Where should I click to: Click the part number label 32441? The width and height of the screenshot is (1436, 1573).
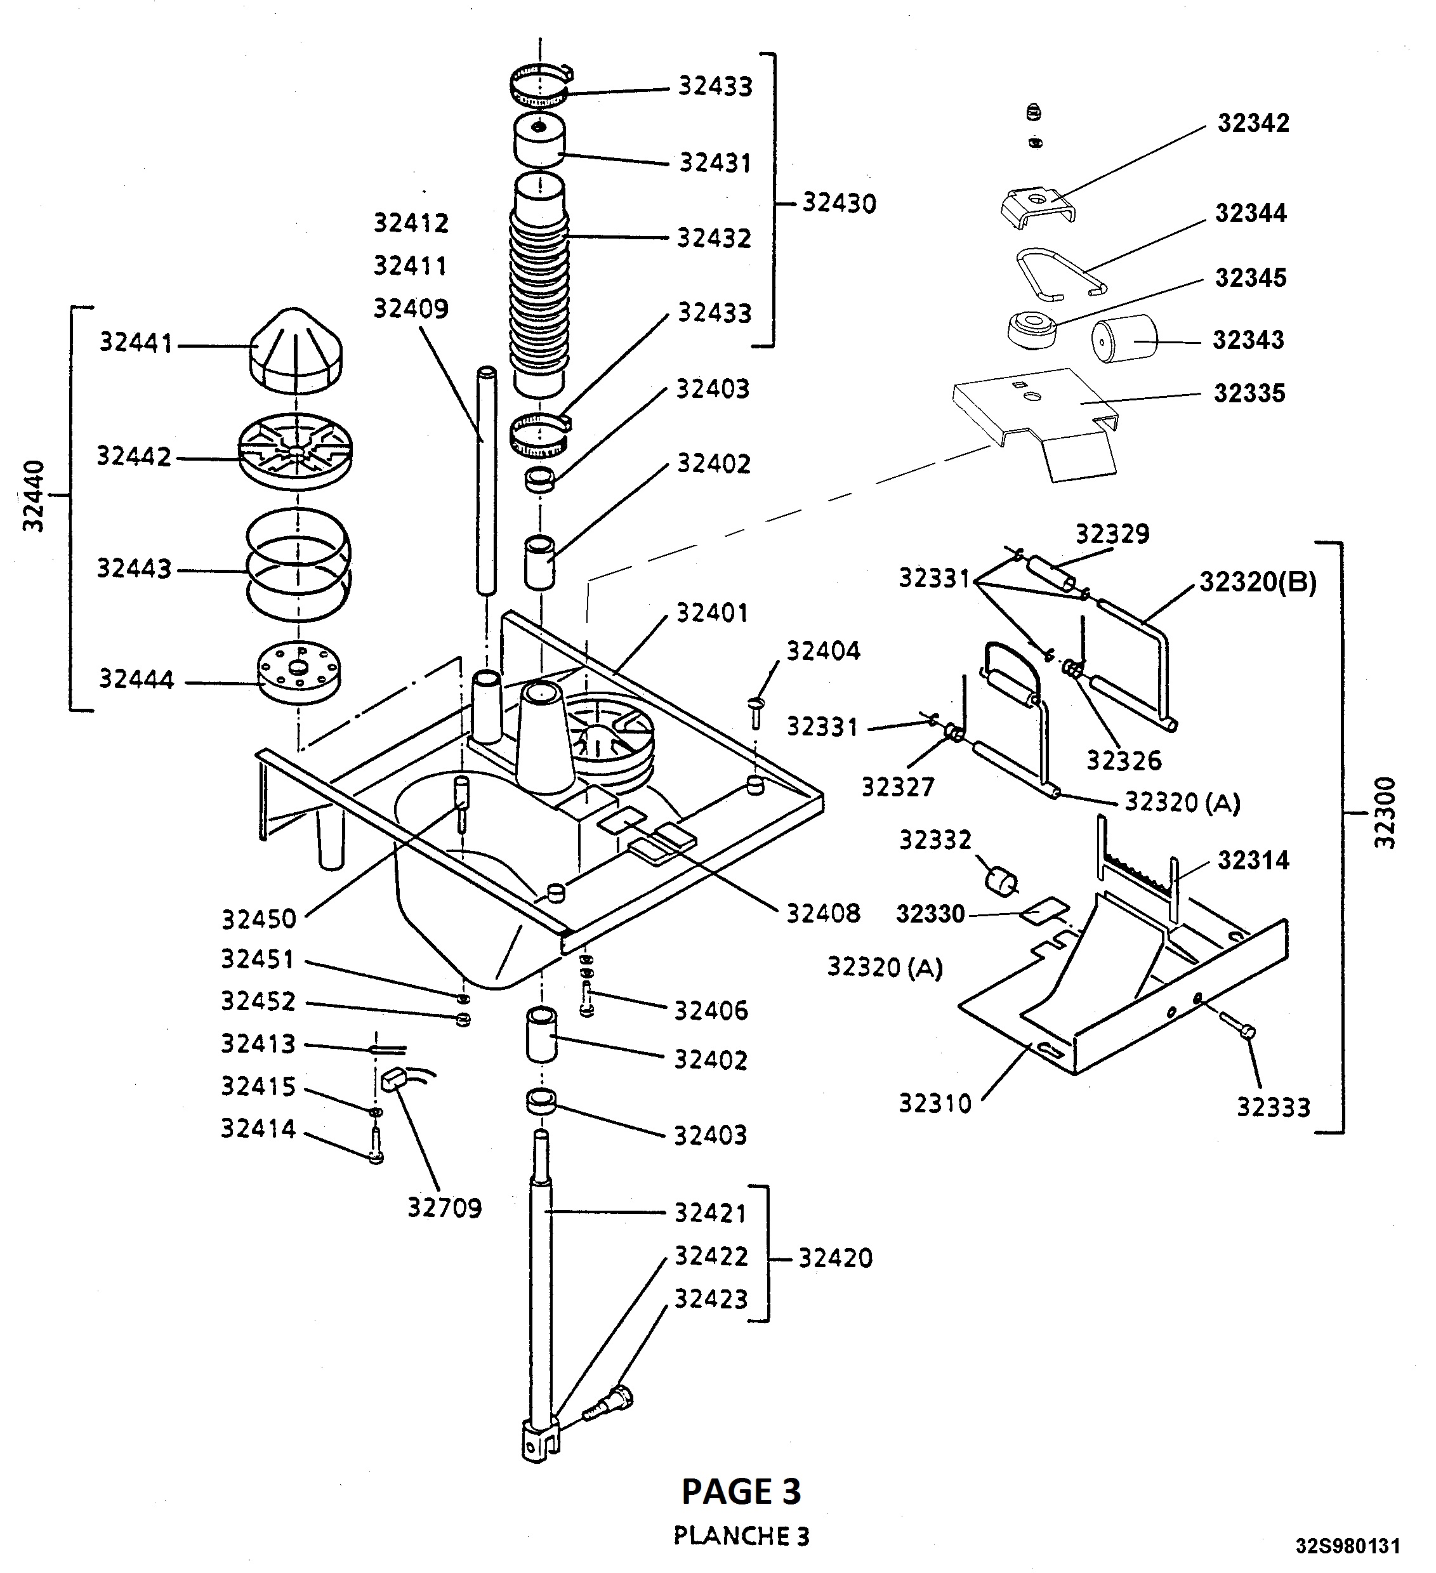point(135,343)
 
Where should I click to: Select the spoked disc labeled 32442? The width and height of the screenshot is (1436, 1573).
point(295,451)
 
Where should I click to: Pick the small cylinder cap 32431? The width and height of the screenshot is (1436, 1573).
point(539,140)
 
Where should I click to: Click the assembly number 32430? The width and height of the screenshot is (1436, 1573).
point(839,204)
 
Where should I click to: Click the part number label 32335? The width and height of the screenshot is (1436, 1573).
point(1249,393)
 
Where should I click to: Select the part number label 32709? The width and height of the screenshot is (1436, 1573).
point(444,1208)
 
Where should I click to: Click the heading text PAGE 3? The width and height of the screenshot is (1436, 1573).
point(741,1492)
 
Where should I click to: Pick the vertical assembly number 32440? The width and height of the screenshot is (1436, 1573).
point(34,496)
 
